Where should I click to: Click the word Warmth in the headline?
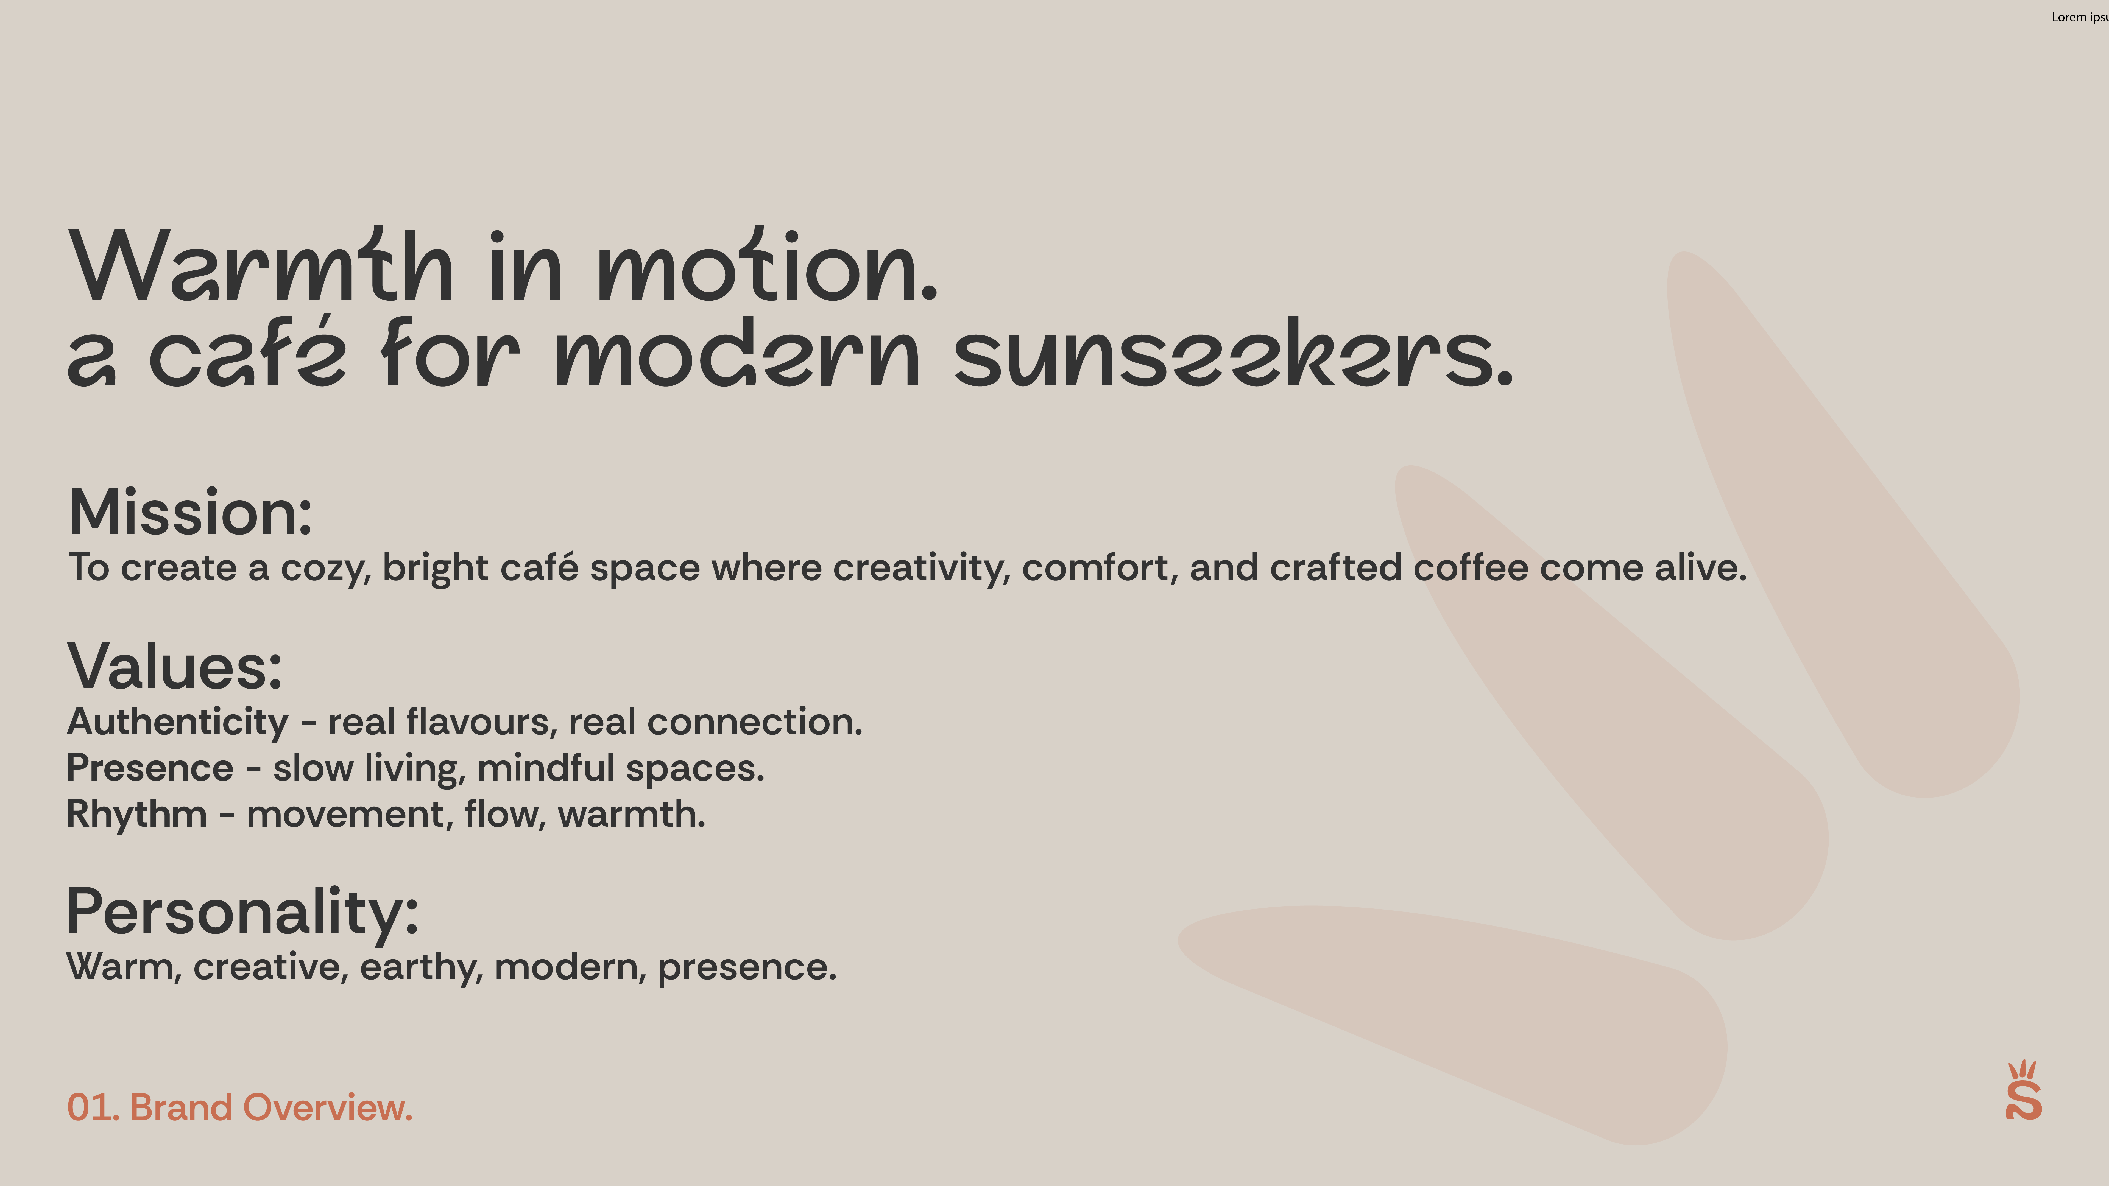[x=262, y=266]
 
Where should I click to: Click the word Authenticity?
[x=178, y=722]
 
